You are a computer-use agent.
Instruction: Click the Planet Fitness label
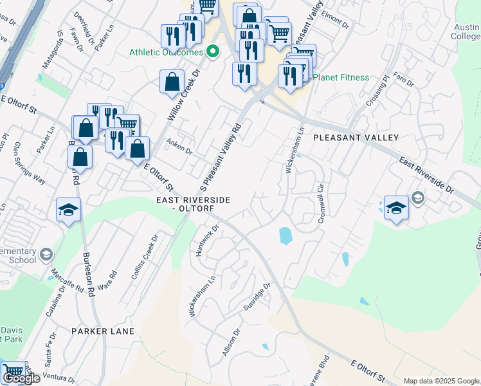pos(341,78)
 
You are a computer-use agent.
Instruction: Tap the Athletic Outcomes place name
pos(166,53)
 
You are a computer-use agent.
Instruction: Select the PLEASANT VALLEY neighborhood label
pos(356,138)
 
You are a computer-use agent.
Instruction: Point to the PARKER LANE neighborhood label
pos(103,331)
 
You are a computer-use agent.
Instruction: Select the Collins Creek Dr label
pos(145,257)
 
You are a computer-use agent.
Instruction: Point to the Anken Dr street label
pos(179,147)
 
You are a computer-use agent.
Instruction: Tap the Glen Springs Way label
pos(30,164)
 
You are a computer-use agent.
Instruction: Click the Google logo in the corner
pos(21,378)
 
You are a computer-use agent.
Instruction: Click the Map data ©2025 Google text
pos(440,380)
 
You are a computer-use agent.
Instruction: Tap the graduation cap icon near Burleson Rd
pos(68,210)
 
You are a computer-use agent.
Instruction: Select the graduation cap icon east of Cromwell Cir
pos(396,207)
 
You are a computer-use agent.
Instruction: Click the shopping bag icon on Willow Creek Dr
pos(172,82)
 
